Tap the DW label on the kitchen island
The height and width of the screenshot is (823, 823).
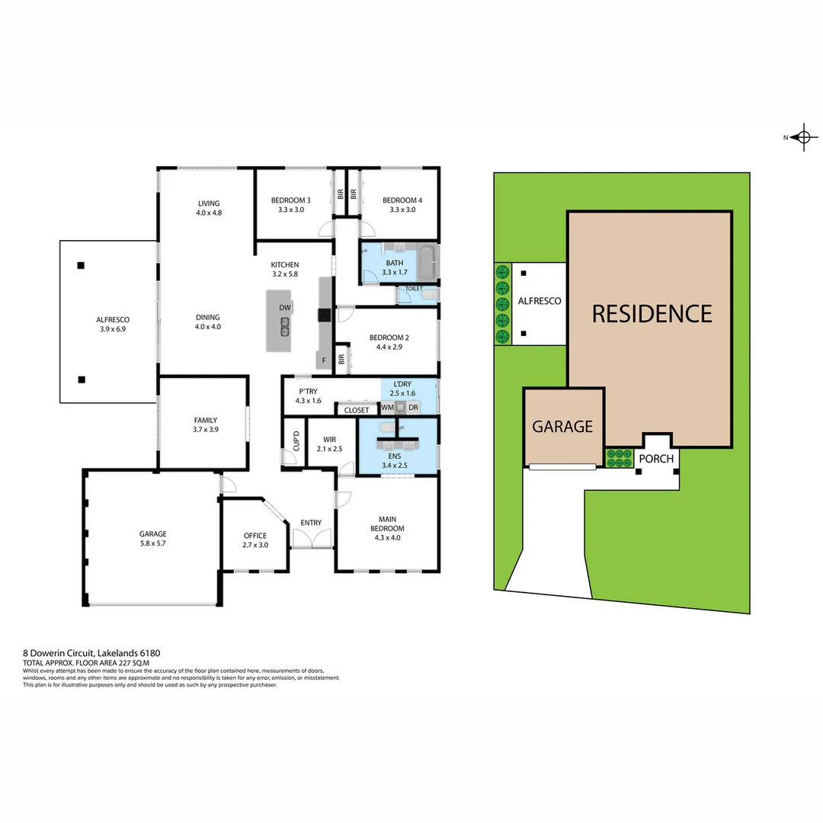(285, 308)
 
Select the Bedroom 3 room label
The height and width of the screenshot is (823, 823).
(291, 205)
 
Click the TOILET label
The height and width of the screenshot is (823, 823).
(414, 289)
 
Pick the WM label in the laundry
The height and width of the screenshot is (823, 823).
(387, 408)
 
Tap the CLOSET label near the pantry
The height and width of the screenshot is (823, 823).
(357, 410)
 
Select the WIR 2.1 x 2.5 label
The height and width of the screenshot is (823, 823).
(329, 444)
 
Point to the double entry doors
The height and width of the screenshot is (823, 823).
(312, 540)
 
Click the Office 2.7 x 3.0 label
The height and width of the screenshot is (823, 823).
(255, 540)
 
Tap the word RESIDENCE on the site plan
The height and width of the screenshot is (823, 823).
(652, 314)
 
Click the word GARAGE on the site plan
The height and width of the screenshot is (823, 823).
(562, 427)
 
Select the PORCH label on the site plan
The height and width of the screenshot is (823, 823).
(655, 459)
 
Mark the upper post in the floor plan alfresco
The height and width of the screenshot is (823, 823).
(81, 266)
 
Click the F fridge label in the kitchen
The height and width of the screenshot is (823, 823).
(323, 360)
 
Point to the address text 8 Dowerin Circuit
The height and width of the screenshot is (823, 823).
(91, 653)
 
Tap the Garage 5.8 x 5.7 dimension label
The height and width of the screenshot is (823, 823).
(152, 539)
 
